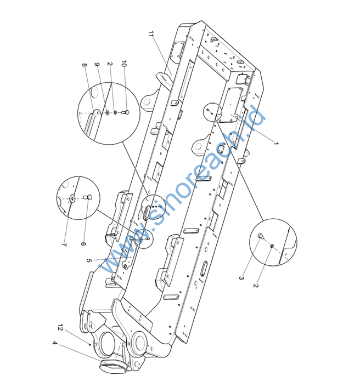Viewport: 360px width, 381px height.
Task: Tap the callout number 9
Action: click(x=97, y=66)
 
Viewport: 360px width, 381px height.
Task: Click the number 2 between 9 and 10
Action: click(x=110, y=65)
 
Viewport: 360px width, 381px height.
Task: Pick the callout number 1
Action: click(x=276, y=144)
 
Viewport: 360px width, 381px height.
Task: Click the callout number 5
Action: click(x=88, y=261)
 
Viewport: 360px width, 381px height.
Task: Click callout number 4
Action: click(x=54, y=343)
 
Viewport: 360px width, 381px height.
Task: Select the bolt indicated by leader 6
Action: click(x=87, y=197)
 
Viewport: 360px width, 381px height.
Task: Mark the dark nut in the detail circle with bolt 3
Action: click(x=272, y=247)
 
